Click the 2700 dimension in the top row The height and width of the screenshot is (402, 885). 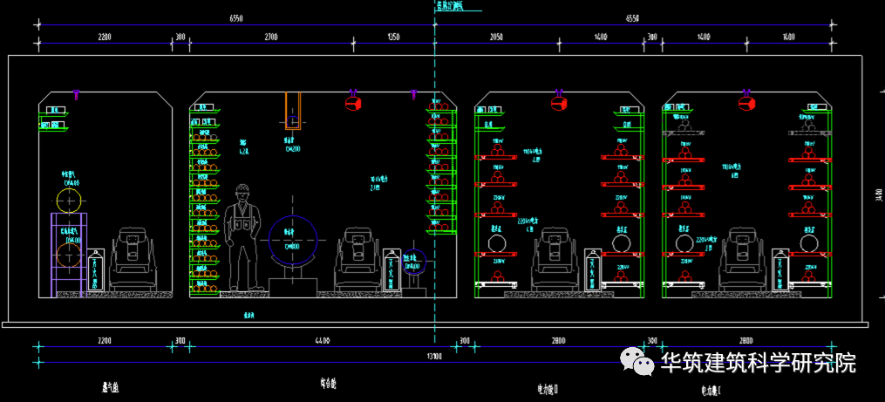[x=270, y=37]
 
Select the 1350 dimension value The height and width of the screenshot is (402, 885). [x=393, y=37]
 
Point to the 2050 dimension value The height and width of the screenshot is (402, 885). [x=495, y=37]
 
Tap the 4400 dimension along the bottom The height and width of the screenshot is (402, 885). [x=322, y=341]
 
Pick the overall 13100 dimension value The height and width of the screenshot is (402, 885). [x=433, y=357]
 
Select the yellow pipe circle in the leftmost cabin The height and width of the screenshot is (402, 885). [x=69, y=201]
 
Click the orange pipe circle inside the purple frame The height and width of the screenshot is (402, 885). [x=69, y=256]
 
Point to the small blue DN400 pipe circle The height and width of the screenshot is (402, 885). [x=414, y=261]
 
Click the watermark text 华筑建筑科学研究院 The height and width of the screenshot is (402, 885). [x=758, y=363]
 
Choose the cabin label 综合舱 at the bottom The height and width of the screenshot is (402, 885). [x=328, y=384]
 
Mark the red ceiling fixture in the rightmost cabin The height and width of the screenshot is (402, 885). [x=746, y=102]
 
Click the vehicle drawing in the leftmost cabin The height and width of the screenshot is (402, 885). [x=133, y=258]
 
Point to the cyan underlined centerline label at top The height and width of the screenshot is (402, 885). [x=450, y=5]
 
